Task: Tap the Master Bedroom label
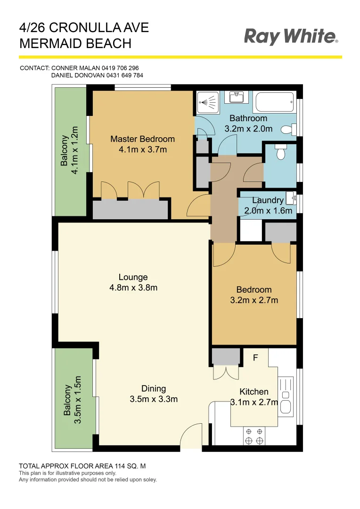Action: point(142,139)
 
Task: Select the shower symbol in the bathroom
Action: point(207,100)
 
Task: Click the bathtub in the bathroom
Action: point(274,101)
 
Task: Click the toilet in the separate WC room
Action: point(281,153)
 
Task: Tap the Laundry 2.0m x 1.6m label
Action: point(268,205)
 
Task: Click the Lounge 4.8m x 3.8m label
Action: point(133,282)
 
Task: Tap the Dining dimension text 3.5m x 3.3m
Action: point(154,399)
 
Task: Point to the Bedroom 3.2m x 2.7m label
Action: point(254,295)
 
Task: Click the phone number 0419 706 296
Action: point(120,68)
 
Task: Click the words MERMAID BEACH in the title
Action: point(75,44)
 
